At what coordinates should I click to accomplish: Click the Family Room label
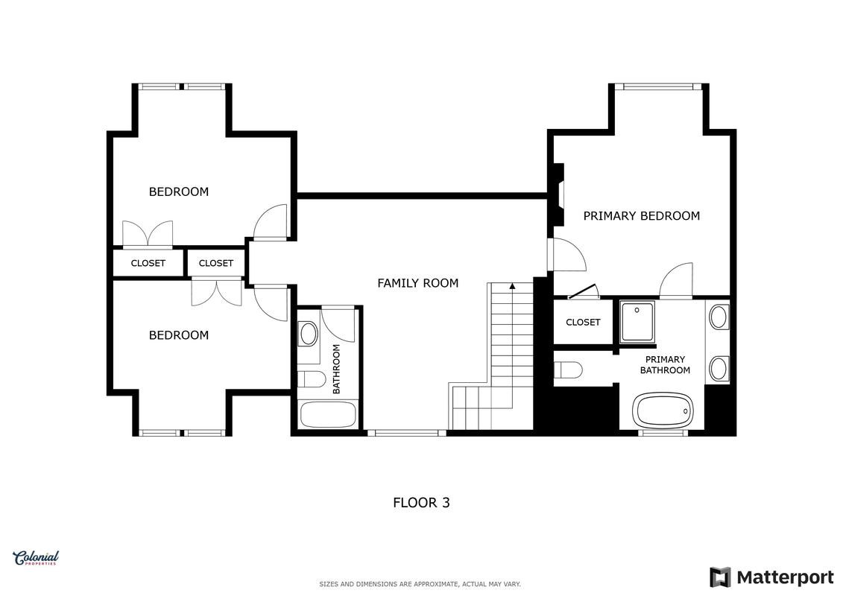[x=417, y=283]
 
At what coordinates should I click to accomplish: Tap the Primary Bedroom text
[x=642, y=216]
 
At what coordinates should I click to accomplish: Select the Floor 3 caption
[x=421, y=502]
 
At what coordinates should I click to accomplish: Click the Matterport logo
[x=771, y=577]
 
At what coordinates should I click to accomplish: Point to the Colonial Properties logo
[x=36, y=559]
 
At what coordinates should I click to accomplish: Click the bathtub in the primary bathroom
[x=665, y=410]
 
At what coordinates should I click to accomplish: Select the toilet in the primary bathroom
[x=568, y=370]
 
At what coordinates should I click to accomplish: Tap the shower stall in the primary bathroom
[x=637, y=322]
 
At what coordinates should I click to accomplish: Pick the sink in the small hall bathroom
[x=308, y=334]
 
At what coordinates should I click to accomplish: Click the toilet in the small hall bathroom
[x=312, y=379]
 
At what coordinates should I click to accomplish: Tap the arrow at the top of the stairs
[x=512, y=286]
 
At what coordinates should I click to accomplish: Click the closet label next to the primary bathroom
[x=583, y=323]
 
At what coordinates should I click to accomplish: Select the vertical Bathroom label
[x=337, y=370]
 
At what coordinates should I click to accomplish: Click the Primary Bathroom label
[x=665, y=365]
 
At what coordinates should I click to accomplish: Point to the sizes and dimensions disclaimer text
[x=420, y=584]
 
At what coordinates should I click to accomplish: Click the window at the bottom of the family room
[x=407, y=432]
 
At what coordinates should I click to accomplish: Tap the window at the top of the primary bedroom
[x=659, y=86]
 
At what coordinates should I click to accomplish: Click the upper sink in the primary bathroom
[x=719, y=317]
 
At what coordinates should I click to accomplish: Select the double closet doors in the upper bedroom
[x=148, y=235]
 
